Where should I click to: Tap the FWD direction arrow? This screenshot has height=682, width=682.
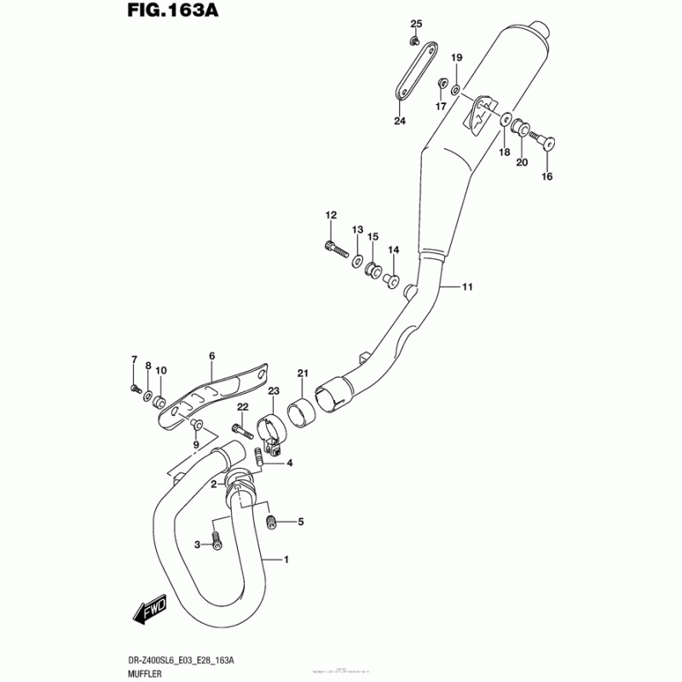tap(150, 610)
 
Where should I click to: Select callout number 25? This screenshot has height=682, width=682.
tap(416, 22)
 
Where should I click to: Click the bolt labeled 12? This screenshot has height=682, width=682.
tap(335, 248)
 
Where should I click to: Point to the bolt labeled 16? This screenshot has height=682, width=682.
tap(540, 140)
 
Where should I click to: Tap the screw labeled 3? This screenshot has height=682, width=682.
tap(217, 540)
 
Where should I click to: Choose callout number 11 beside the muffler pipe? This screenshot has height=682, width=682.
tap(467, 286)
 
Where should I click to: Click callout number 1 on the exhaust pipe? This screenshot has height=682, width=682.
tap(286, 560)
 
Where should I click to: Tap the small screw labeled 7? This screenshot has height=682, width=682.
tap(135, 389)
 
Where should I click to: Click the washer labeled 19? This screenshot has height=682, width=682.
tap(456, 89)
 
